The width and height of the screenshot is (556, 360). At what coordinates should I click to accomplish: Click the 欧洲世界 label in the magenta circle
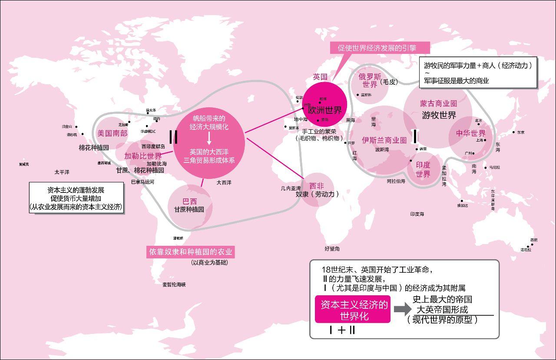click(325, 110)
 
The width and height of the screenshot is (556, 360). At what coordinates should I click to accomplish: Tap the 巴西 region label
click(189, 201)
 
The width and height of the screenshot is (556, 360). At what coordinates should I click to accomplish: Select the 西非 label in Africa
click(317, 186)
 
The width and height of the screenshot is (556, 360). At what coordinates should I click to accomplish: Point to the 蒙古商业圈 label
click(438, 104)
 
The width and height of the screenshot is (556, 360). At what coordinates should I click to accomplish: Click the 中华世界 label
click(470, 133)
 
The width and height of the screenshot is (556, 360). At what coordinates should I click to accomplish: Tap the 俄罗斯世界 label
click(370, 80)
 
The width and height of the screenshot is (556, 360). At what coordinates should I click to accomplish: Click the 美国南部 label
click(112, 133)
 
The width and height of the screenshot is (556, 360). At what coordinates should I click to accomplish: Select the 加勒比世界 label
click(143, 156)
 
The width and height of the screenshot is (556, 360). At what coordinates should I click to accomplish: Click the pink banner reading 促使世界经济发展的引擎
click(377, 48)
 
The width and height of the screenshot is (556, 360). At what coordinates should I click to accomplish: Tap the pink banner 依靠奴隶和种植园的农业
click(190, 252)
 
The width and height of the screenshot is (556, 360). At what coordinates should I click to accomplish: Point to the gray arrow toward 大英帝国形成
click(402, 309)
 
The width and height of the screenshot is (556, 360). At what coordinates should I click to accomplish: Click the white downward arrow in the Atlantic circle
click(209, 139)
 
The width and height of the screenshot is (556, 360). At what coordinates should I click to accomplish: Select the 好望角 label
click(332, 249)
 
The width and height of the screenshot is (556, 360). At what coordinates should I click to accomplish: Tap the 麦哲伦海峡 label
click(174, 284)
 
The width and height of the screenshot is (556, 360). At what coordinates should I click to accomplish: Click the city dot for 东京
click(513, 132)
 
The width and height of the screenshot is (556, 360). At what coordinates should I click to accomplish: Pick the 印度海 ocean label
click(417, 214)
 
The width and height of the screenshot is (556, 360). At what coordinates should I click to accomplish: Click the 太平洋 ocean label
click(62, 172)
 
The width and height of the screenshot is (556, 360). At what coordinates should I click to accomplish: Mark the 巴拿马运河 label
click(142, 182)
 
